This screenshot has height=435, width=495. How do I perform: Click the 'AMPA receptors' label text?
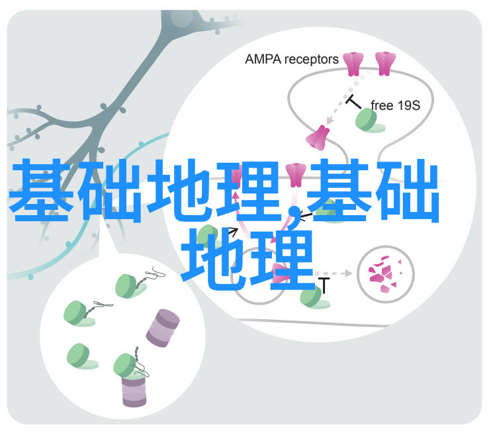click(291, 60)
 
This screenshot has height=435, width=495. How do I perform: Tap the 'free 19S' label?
click(395, 105)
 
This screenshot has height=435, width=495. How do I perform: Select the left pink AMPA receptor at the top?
click(353, 64)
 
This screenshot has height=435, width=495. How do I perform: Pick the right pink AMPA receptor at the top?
click(385, 64)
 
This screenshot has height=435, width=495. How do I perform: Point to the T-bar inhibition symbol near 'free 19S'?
click(353, 101)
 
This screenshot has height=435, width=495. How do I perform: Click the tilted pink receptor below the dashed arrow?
click(318, 138)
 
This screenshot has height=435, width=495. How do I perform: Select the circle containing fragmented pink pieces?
click(385, 274)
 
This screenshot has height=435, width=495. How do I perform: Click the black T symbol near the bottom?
click(324, 285)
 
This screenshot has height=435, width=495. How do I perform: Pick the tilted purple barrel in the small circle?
click(163, 328)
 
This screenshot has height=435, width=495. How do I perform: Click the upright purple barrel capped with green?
click(134, 390)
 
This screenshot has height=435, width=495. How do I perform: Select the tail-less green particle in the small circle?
click(81, 357)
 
